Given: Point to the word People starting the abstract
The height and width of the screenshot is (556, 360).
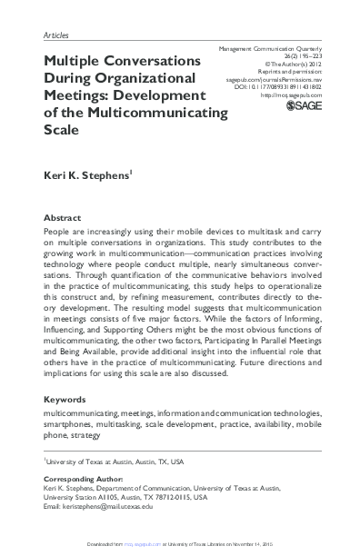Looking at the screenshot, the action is pos(59,233).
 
